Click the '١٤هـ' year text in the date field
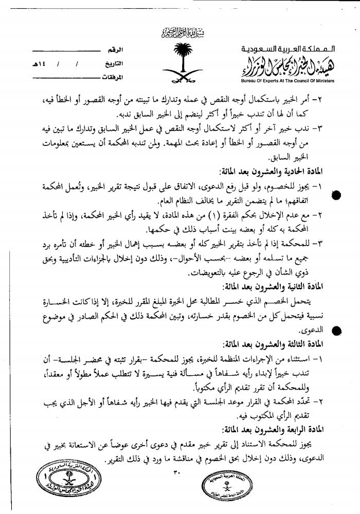point(37,66)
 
